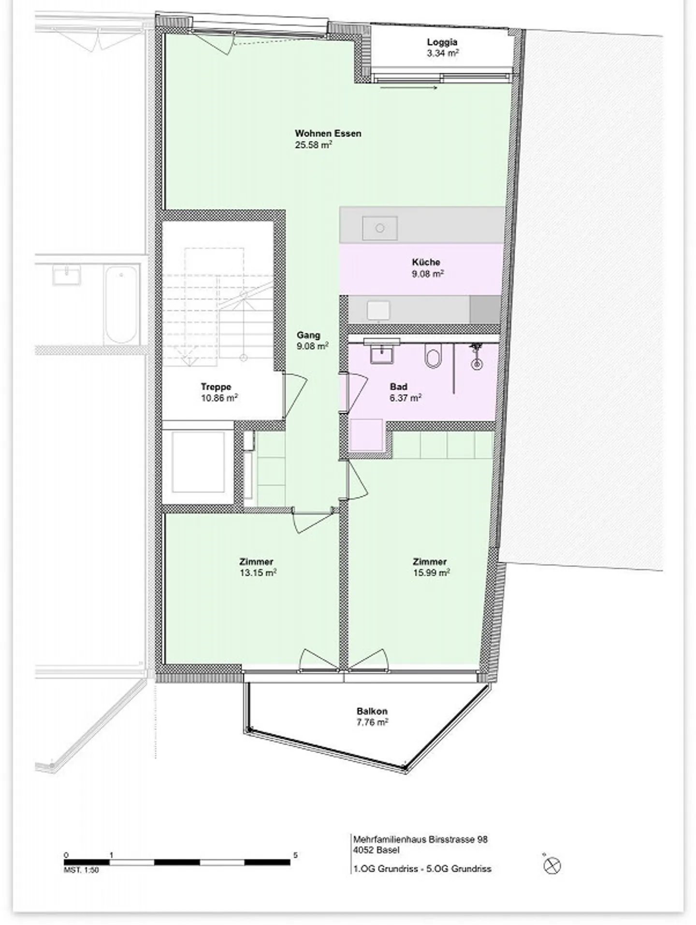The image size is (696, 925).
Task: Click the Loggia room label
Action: (x=442, y=42)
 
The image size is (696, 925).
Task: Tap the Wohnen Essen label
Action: (x=328, y=133)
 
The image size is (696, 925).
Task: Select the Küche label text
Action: (x=426, y=262)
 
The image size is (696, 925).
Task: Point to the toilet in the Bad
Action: (x=433, y=356)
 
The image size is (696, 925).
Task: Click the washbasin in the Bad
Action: (x=381, y=352)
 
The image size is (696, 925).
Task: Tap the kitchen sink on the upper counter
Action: (x=380, y=228)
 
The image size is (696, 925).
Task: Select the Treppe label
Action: (x=216, y=387)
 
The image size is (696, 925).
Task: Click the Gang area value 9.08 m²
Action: (x=313, y=346)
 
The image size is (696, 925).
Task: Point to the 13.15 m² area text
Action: (x=258, y=573)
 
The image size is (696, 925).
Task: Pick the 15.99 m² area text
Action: (x=431, y=573)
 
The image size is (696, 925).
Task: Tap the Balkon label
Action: (x=372, y=711)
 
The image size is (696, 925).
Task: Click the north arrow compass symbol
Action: (x=552, y=866)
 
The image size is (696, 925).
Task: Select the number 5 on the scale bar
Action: (x=295, y=855)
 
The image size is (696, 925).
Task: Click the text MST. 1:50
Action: (x=81, y=870)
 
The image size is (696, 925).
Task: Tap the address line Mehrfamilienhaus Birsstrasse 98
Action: (x=420, y=839)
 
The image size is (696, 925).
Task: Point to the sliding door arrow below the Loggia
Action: (x=408, y=88)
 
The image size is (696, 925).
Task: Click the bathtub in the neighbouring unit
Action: (x=121, y=305)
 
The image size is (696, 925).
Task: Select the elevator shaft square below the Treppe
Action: (x=198, y=462)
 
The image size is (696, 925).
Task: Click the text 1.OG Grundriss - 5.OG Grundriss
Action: (x=422, y=868)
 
